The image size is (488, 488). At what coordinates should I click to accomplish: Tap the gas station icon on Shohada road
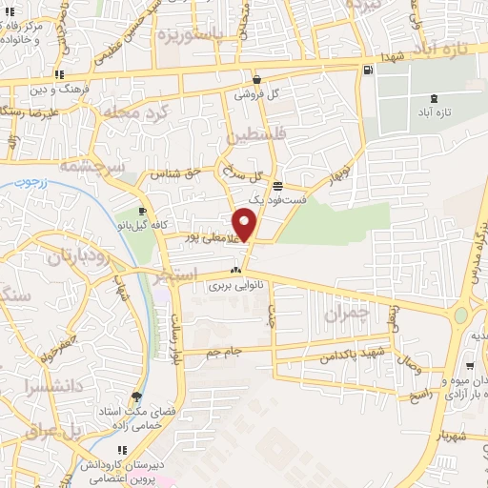click(x=368, y=70)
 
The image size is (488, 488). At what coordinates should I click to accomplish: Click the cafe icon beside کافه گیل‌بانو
click(x=142, y=212)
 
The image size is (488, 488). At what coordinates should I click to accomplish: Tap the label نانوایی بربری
click(x=234, y=284)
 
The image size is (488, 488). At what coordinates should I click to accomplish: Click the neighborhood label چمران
click(x=346, y=313)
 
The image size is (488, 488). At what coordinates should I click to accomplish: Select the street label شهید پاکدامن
click(x=329, y=356)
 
